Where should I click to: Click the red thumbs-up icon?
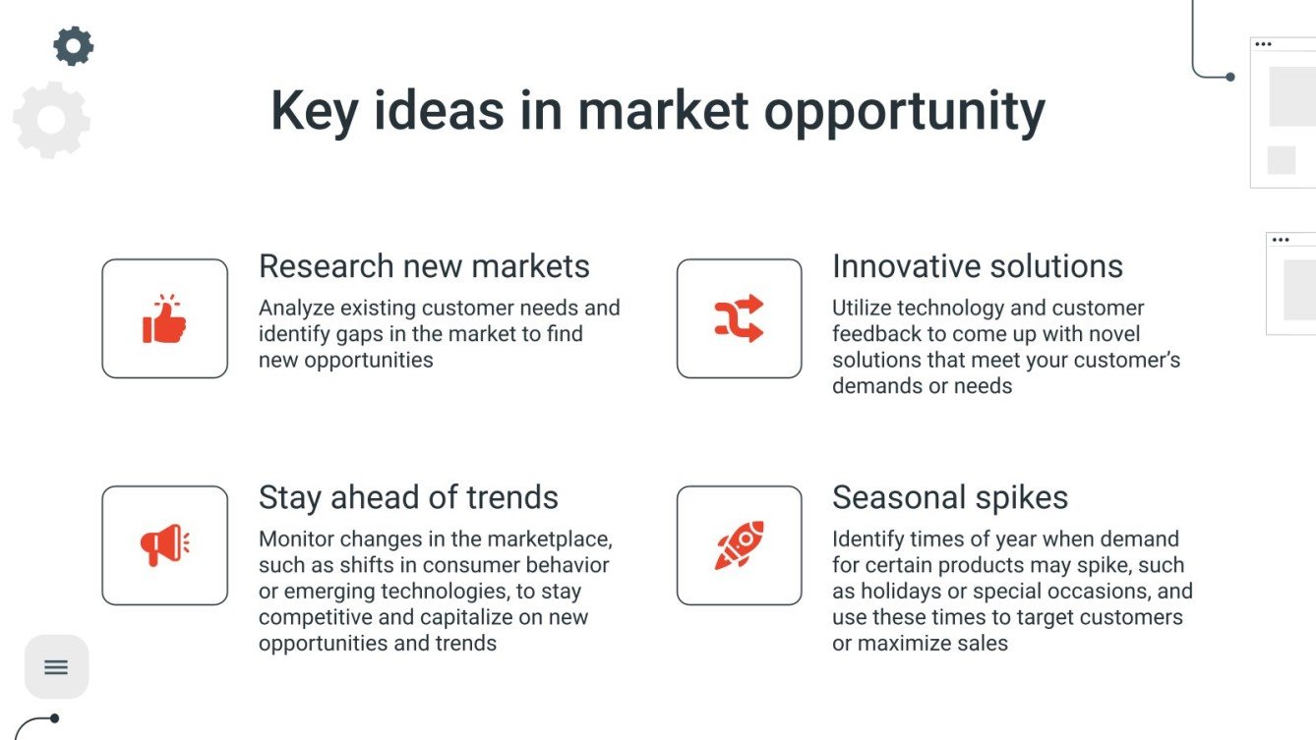point(164,318)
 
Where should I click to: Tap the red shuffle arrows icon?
point(739,318)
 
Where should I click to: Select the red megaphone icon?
point(164,544)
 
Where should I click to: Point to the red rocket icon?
point(739,544)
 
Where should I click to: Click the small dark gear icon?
point(74,46)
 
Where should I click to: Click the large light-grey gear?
point(52,120)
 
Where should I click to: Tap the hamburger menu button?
point(56,666)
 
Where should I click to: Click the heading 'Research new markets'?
point(424,266)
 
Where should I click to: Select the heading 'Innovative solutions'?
point(978,266)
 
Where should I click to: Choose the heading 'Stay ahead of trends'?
point(408,497)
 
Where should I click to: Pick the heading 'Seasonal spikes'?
point(950,497)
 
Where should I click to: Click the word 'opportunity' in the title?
point(905,113)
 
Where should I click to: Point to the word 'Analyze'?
point(296,309)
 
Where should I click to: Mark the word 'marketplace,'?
point(550,540)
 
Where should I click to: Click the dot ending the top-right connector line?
point(1230,77)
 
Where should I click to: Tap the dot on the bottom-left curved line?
point(55,718)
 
